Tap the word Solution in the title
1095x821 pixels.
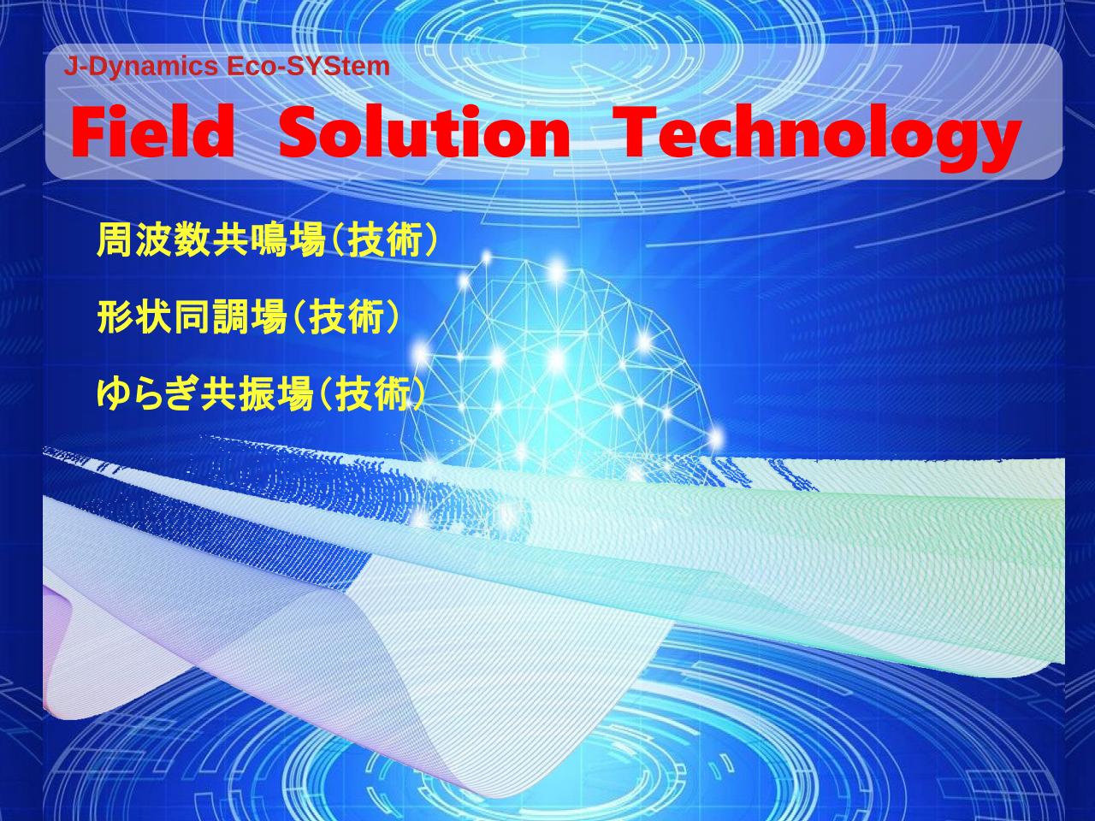click(424, 132)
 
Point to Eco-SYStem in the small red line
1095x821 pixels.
click(307, 67)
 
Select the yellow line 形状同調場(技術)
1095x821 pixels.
click(248, 317)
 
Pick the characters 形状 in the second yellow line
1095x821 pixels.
click(134, 317)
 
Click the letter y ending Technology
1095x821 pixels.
click(997, 145)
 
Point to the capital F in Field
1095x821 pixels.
click(90, 132)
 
